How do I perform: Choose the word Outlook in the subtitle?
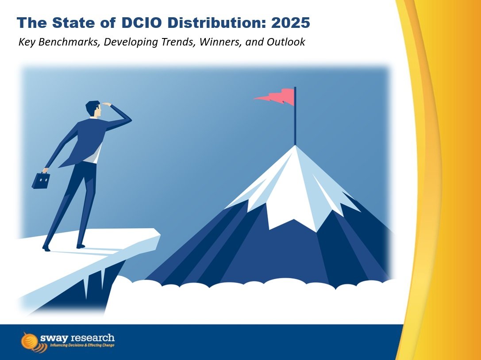pyautogui.click(x=283, y=43)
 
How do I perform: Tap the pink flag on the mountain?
pyautogui.click(x=277, y=96)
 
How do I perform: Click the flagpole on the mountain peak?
pyautogui.click(x=295, y=119)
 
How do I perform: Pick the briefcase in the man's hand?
pyautogui.click(x=41, y=180)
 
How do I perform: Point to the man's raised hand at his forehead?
pyautogui.click(x=107, y=104)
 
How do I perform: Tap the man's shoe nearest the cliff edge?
pyautogui.click(x=81, y=245)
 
